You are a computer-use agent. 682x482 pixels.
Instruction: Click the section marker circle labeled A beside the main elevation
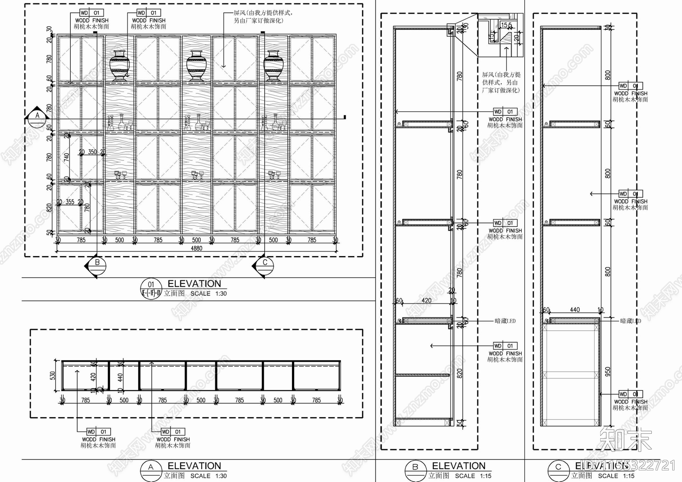click(x=37, y=115)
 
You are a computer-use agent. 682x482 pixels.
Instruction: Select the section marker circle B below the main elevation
click(x=97, y=263)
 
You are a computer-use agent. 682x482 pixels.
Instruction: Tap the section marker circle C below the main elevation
click(x=265, y=263)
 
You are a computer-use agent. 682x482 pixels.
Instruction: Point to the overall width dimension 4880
click(x=196, y=248)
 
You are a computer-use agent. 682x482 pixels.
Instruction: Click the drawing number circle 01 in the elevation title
click(x=151, y=285)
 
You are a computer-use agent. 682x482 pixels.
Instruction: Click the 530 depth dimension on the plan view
click(x=53, y=375)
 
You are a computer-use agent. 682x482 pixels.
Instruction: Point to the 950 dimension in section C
click(x=608, y=372)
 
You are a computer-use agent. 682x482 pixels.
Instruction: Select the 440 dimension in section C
click(x=575, y=310)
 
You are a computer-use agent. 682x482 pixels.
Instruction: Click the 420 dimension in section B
click(x=426, y=300)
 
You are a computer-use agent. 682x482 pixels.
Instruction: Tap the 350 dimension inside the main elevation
click(x=92, y=152)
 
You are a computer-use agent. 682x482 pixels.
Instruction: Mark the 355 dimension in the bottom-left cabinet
click(x=70, y=202)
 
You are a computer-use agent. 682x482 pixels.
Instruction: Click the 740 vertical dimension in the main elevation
click(x=66, y=157)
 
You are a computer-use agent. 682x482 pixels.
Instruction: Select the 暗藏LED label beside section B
click(x=505, y=321)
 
